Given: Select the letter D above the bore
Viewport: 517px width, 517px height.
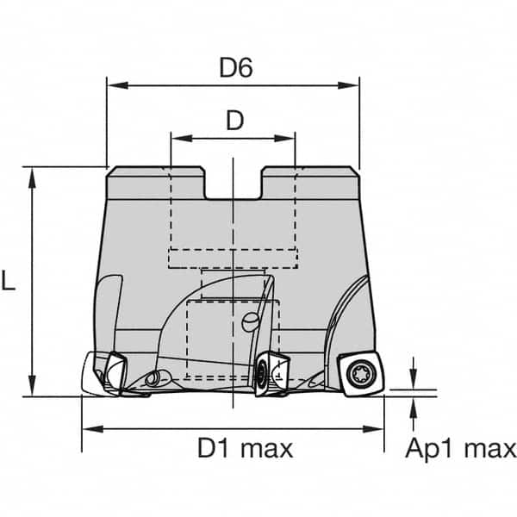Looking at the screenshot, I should point(234,121).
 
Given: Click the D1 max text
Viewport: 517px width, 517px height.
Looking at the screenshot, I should point(246,448).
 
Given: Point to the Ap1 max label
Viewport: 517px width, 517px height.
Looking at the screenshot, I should point(462,448).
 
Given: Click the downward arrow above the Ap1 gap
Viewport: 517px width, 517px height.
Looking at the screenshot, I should point(414,382).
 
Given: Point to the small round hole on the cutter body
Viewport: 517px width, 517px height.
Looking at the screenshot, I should point(249,322).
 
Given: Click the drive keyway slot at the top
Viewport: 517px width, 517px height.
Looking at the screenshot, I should point(233,183).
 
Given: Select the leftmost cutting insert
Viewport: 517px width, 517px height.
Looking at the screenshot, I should point(109,374).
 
